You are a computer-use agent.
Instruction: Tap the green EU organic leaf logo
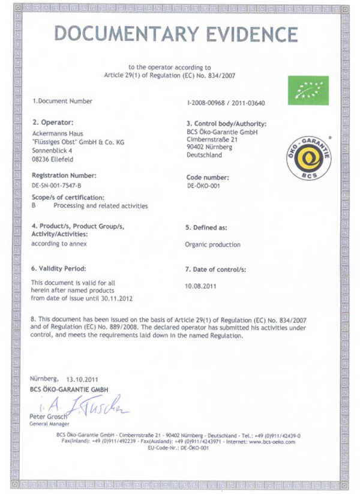click(x=308, y=90)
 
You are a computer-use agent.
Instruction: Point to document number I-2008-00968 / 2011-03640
click(x=226, y=103)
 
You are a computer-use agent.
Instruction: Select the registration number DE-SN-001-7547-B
click(x=56, y=185)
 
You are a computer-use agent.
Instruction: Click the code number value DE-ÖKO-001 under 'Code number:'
click(x=206, y=186)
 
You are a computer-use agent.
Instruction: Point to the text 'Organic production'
click(x=213, y=244)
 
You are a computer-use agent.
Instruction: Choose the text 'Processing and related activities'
click(x=100, y=206)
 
